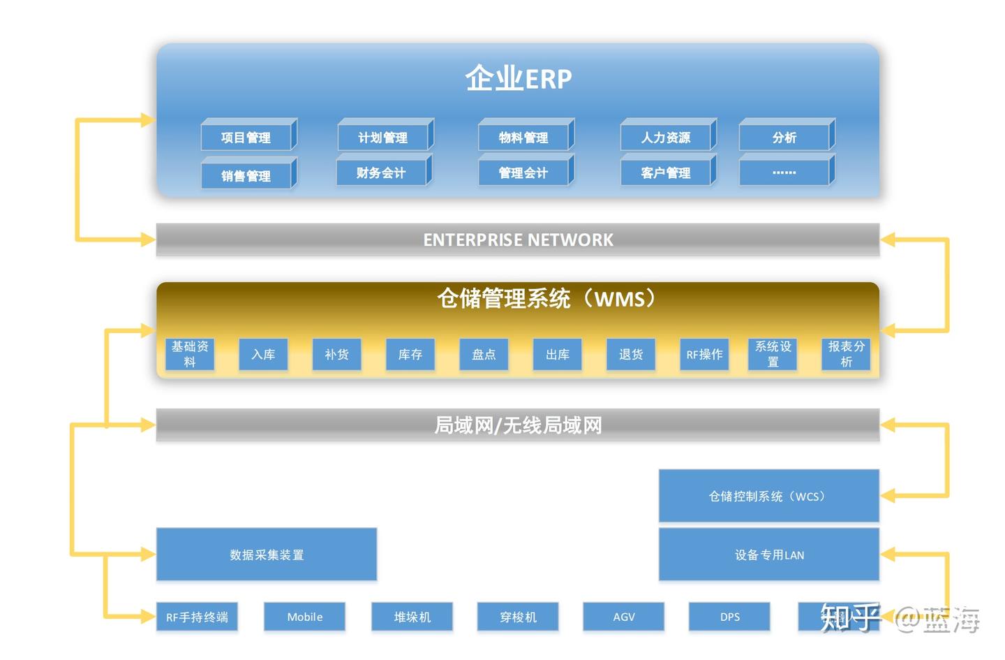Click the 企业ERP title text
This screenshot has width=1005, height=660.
[x=518, y=78]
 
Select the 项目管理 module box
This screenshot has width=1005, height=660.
[x=246, y=138]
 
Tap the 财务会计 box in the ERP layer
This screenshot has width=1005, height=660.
[x=381, y=173]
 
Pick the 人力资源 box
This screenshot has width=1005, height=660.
[x=666, y=138]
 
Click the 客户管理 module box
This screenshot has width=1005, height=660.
[x=666, y=173]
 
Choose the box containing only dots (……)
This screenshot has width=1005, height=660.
[x=784, y=173]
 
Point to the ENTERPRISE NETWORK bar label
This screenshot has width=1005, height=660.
[x=518, y=240]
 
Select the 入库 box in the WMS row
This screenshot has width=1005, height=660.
[x=263, y=354]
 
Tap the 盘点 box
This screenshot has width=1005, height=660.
[x=484, y=354]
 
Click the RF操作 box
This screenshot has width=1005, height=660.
[x=704, y=354]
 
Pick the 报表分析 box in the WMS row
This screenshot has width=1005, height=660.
[x=846, y=354]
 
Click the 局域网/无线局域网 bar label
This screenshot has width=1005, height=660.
[x=518, y=425]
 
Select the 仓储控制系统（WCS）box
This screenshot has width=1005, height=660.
[x=768, y=496]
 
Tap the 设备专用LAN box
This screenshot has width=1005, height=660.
[x=768, y=555]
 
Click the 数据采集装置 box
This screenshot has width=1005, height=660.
[x=267, y=555]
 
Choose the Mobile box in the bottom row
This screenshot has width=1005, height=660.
[x=304, y=617]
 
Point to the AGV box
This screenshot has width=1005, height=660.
[x=623, y=617]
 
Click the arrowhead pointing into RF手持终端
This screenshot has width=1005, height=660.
[x=148, y=617]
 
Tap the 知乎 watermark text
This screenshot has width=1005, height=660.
[x=850, y=617]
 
